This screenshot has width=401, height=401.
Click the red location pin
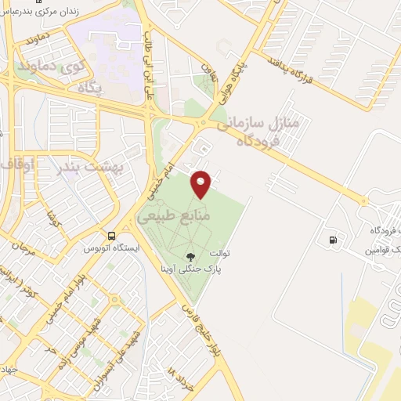201,183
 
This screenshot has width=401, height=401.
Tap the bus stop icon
113,235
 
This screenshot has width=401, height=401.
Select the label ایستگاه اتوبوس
113,248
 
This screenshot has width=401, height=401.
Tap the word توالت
221,255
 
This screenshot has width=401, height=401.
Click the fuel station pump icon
334,239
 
